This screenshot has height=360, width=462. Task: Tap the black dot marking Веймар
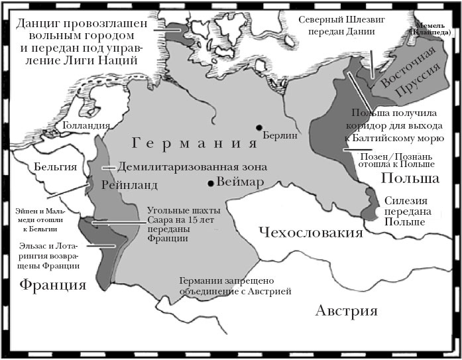pos(210,183)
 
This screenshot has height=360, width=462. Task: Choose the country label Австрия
pos(346,311)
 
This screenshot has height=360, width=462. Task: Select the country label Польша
pos(410,179)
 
